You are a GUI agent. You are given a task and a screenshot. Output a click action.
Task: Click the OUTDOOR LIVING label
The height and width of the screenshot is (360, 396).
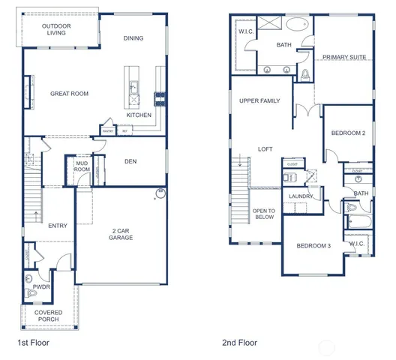(x=56, y=28)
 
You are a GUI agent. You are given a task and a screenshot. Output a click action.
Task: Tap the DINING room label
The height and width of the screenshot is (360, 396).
(x=133, y=38)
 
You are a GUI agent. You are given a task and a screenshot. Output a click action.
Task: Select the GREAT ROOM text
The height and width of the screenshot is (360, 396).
(x=69, y=94)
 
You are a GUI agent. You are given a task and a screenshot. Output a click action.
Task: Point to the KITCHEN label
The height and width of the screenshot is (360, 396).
(x=139, y=115)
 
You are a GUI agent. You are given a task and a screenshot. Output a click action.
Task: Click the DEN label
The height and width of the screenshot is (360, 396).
(x=130, y=160)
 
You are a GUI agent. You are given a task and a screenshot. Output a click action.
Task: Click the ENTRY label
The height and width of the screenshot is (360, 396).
(x=58, y=225)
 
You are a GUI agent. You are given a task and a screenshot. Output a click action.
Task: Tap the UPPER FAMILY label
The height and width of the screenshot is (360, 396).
(x=259, y=100)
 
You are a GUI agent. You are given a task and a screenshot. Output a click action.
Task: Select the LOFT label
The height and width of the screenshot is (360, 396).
(x=265, y=148)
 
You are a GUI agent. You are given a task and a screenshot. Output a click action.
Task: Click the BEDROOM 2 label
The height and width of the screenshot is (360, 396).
(x=349, y=133)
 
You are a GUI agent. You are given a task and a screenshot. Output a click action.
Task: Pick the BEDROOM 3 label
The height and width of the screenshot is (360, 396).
(x=313, y=246)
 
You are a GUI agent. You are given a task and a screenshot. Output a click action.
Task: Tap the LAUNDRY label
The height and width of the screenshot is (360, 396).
(x=301, y=196)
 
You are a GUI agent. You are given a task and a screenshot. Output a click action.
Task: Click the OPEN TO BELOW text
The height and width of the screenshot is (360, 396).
(x=264, y=214)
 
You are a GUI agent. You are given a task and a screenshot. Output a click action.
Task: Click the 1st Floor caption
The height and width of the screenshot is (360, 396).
(x=34, y=343)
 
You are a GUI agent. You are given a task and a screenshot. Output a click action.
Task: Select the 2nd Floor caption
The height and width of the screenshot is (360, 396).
(x=239, y=343)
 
